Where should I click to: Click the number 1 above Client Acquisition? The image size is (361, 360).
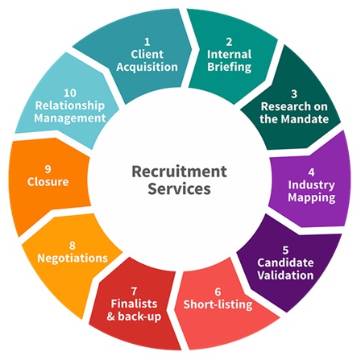pyautogui.click(x=147, y=42)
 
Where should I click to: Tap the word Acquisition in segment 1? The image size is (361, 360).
pyautogui.click(x=147, y=67)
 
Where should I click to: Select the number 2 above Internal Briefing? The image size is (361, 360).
pyautogui.click(x=229, y=42)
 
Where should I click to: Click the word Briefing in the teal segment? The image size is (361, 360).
pyautogui.click(x=230, y=67)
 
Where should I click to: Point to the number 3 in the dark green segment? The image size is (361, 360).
pyautogui.click(x=294, y=93)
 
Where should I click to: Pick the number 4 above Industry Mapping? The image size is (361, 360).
pyautogui.click(x=311, y=172)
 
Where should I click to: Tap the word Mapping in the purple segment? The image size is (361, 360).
pyautogui.click(x=312, y=198)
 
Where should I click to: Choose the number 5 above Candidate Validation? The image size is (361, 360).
pyautogui.click(x=285, y=250)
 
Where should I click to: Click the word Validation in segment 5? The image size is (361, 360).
pyautogui.click(x=285, y=275)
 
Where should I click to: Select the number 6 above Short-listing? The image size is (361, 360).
pyautogui.click(x=218, y=292)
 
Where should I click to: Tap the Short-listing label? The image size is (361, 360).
pyautogui.click(x=218, y=304)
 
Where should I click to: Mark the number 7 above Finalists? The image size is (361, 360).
pyautogui.click(x=134, y=291)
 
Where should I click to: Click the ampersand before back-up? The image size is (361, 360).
pyautogui.click(x=110, y=317)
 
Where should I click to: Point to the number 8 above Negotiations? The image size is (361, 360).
pyautogui.click(x=73, y=246)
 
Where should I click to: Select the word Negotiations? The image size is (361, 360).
pyautogui.click(x=73, y=259)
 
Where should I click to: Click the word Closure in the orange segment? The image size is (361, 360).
pyautogui.click(x=48, y=182)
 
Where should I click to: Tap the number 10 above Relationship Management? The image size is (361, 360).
pyautogui.click(x=70, y=93)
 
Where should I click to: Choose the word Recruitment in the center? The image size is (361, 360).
pyautogui.click(x=179, y=172)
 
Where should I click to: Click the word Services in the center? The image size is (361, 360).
pyautogui.click(x=179, y=188)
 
